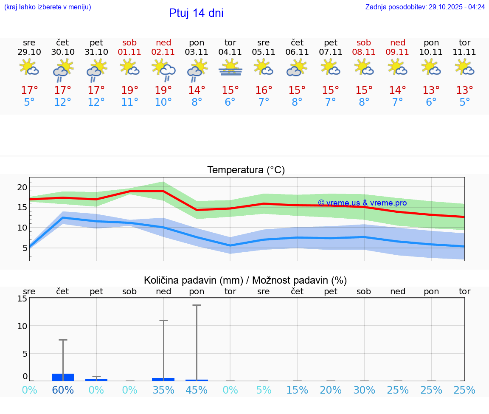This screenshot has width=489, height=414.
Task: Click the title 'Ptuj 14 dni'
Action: [x=196, y=13]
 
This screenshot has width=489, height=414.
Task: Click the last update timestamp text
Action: [x=425, y=7]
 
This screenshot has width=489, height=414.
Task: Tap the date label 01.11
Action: [x=130, y=52]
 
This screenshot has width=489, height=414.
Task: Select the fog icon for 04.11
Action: [x=230, y=68]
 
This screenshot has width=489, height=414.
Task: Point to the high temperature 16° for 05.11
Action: [x=264, y=90]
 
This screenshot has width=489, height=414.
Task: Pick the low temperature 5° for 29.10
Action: [x=29, y=102]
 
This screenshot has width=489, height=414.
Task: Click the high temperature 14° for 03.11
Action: [x=197, y=90]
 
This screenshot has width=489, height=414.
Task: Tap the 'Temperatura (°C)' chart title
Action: [x=246, y=170]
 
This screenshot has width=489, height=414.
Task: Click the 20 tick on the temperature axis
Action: [x=22, y=187]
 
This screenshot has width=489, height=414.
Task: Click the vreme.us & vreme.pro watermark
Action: [x=362, y=203]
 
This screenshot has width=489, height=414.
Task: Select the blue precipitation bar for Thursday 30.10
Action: [x=63, y=377]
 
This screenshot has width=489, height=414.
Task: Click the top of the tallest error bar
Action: [x=197, y=305]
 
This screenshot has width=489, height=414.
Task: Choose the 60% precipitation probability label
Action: [x=63, y=390]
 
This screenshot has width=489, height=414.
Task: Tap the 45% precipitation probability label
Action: [x=197, y=390]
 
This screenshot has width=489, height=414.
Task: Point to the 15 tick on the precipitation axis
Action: [x=22, y=299]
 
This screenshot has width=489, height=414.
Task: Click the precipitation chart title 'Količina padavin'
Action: [x=245, y=280]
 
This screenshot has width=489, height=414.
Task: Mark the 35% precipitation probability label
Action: [x=163, y=390]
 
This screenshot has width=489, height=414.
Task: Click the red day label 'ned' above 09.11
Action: [x=398, y=43]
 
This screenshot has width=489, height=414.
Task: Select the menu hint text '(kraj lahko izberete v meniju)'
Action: [x=48, y=7]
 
